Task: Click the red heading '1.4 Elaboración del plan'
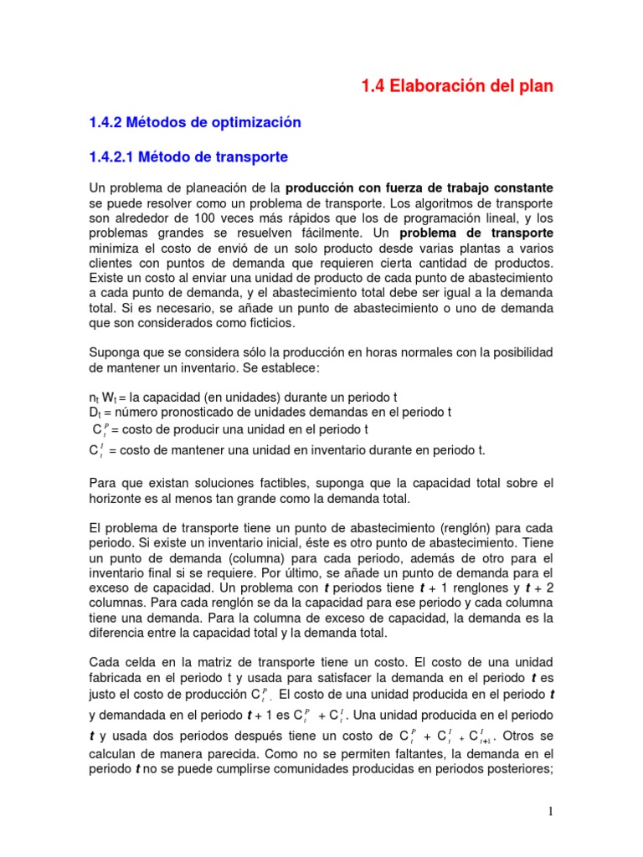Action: click(x=457, y=86)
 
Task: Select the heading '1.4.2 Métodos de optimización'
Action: click(x=194, y=122)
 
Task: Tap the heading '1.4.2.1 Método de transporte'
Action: click(x=188, y=157)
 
